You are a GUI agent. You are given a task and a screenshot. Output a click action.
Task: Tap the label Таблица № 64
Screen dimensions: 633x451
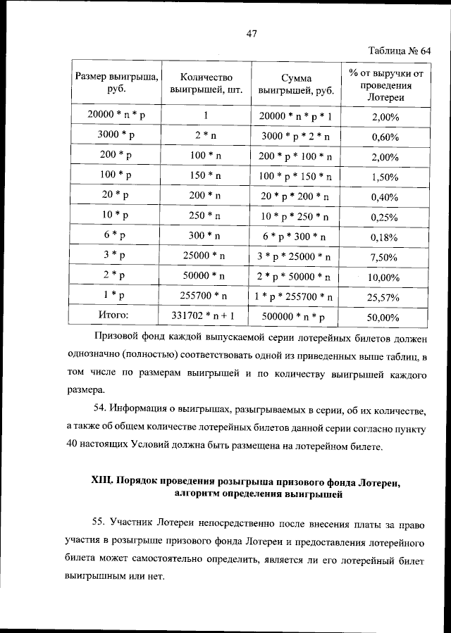click(x=399, y=51)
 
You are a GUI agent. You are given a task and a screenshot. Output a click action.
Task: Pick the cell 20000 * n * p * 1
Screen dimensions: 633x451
click(x=296, y=115)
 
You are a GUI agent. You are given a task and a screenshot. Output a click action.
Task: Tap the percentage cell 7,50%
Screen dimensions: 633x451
click(x=385, y=258)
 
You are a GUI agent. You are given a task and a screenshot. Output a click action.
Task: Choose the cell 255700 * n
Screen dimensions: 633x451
click(x=206, y=297)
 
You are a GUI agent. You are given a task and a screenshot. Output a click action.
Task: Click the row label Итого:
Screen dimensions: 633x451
click(x=116, y=317)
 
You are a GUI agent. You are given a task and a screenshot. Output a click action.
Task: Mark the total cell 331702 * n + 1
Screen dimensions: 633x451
click(x=206, y=317)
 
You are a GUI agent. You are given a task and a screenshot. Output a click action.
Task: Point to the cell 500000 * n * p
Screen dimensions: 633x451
click(x=296, y=318)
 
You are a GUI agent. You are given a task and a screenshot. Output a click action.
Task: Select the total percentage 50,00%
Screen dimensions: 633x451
click(x=385, y=318)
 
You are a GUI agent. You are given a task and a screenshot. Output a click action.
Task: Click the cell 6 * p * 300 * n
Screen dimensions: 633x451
click(x=296, y=237)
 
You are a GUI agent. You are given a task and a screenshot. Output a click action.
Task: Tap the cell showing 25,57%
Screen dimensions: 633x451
click(x=385, y=298)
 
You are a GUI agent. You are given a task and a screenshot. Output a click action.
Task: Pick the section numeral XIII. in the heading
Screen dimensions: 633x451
click(x=106, y=482)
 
